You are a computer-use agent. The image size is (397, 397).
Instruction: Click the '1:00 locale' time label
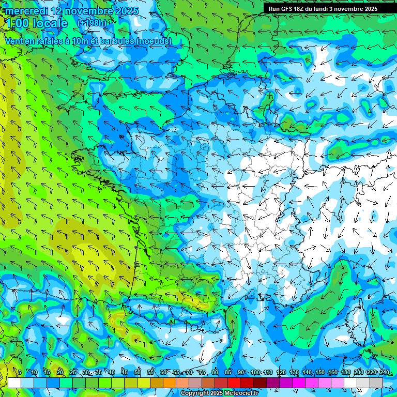pos(36,23)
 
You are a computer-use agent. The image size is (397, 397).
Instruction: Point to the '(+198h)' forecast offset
pos(92,23)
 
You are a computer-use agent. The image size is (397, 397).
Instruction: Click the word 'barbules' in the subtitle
pos(112,41)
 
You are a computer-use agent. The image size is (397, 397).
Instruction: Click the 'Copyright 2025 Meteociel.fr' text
pos(219,393)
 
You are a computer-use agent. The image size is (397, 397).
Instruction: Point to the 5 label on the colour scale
pos(20,373)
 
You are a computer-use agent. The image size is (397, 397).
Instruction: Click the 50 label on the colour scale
pos(138,373)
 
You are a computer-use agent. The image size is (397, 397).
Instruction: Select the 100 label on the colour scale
pos(255,373)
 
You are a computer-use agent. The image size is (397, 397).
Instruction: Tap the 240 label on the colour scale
pos(384,373)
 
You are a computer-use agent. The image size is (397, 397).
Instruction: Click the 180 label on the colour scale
pos(345,373)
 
